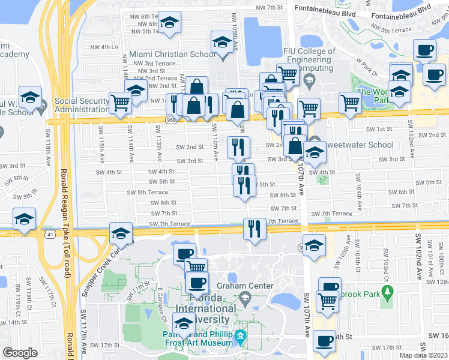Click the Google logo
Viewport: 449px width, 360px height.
tap(20, 353)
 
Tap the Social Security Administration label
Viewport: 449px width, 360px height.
tap(81, 105)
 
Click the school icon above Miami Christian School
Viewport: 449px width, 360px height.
tap(221, 43)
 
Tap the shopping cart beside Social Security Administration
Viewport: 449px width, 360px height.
tap(121, 103)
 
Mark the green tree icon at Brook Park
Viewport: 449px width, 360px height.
tap(387, 293)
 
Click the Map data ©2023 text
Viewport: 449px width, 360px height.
tap(423, 355)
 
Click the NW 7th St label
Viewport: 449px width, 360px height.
tap(269, 7)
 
